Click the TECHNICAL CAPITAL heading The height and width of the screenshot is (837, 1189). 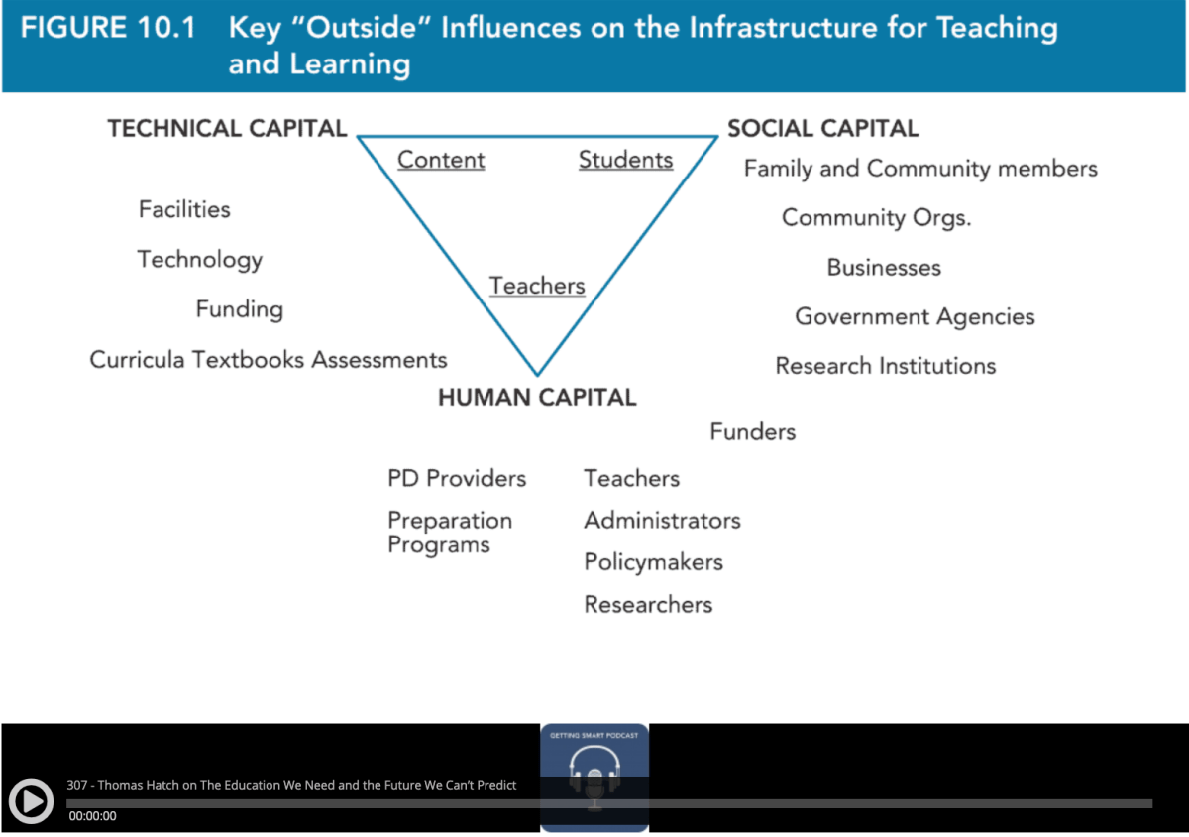point(227,129)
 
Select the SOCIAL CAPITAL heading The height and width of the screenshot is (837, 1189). point(822,129)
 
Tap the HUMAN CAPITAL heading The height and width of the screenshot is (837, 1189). point(537,398)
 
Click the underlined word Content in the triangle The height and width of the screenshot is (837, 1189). point(441,160)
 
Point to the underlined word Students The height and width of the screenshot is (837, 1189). point(625,160)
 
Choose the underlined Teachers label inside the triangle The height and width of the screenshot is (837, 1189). point(537,286)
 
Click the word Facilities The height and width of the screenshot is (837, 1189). point(184,209)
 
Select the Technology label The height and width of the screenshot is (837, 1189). point(200,260)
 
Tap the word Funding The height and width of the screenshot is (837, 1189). point(240,309)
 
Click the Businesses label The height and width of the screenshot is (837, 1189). point(884,268)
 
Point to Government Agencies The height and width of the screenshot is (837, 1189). point(915,317)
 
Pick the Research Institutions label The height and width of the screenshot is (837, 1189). point(885,366)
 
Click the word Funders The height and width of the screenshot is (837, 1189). point(752,432)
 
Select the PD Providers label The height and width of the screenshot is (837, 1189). point(457,479)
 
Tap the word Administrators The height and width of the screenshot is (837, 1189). point(662,521)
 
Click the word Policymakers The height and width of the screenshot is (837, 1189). point(653,562)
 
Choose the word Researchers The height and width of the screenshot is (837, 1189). point(648,605)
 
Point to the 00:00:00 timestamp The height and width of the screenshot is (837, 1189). point(92,816)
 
